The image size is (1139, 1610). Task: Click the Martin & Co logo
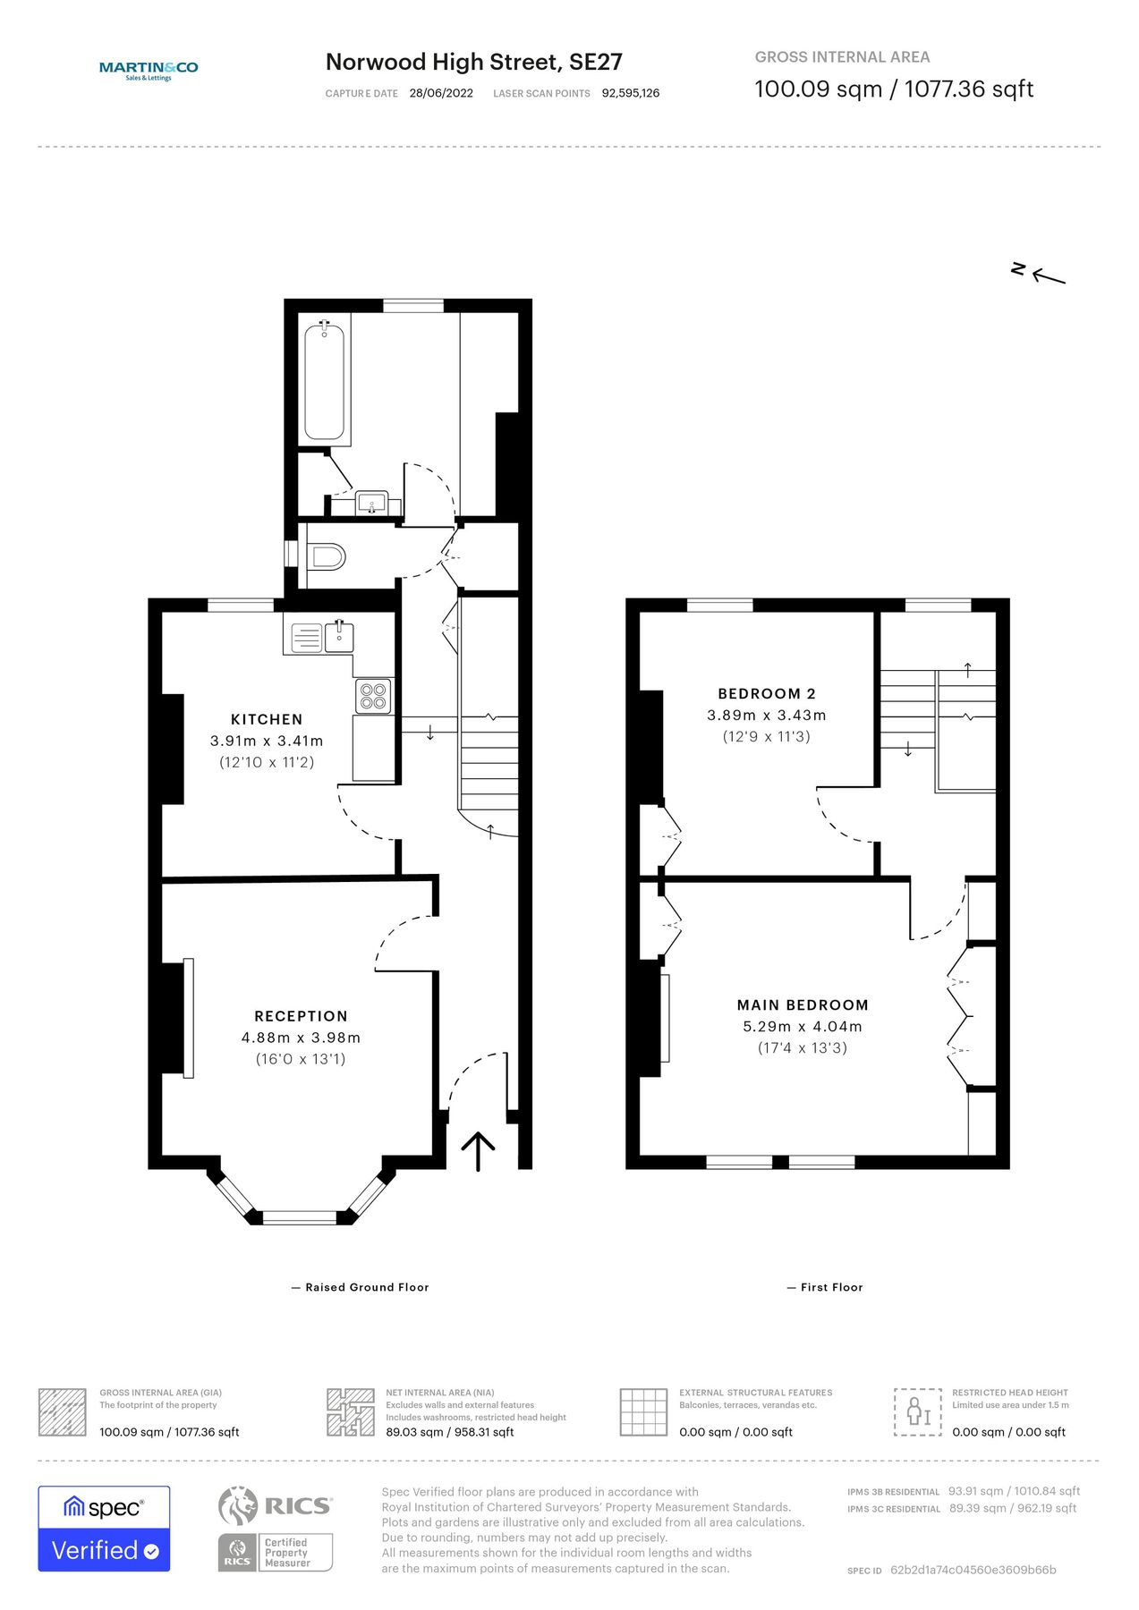click(149, 70)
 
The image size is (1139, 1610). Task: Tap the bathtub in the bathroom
click(324, 382)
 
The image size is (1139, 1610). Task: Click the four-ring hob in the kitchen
click(373, 696)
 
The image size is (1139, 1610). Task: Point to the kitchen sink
click(339, 637)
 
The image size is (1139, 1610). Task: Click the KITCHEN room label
click(267, 719)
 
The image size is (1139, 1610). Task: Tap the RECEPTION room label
click(301, 1016)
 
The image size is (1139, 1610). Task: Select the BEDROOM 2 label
click(767, 693)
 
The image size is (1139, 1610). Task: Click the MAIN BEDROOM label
click(803, 1005)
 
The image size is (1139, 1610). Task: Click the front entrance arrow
click(478, 1151)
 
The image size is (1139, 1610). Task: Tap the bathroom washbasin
click(370, 503)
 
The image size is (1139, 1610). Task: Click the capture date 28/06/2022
click(441, 93)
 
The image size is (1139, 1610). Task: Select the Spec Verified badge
click(104, 1529)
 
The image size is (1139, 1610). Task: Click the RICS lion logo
click(239, 1505)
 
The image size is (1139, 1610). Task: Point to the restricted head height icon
click(917, 1412)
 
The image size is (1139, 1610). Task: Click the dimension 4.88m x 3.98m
click(301, 1038)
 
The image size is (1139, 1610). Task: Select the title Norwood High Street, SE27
click(473, 62)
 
